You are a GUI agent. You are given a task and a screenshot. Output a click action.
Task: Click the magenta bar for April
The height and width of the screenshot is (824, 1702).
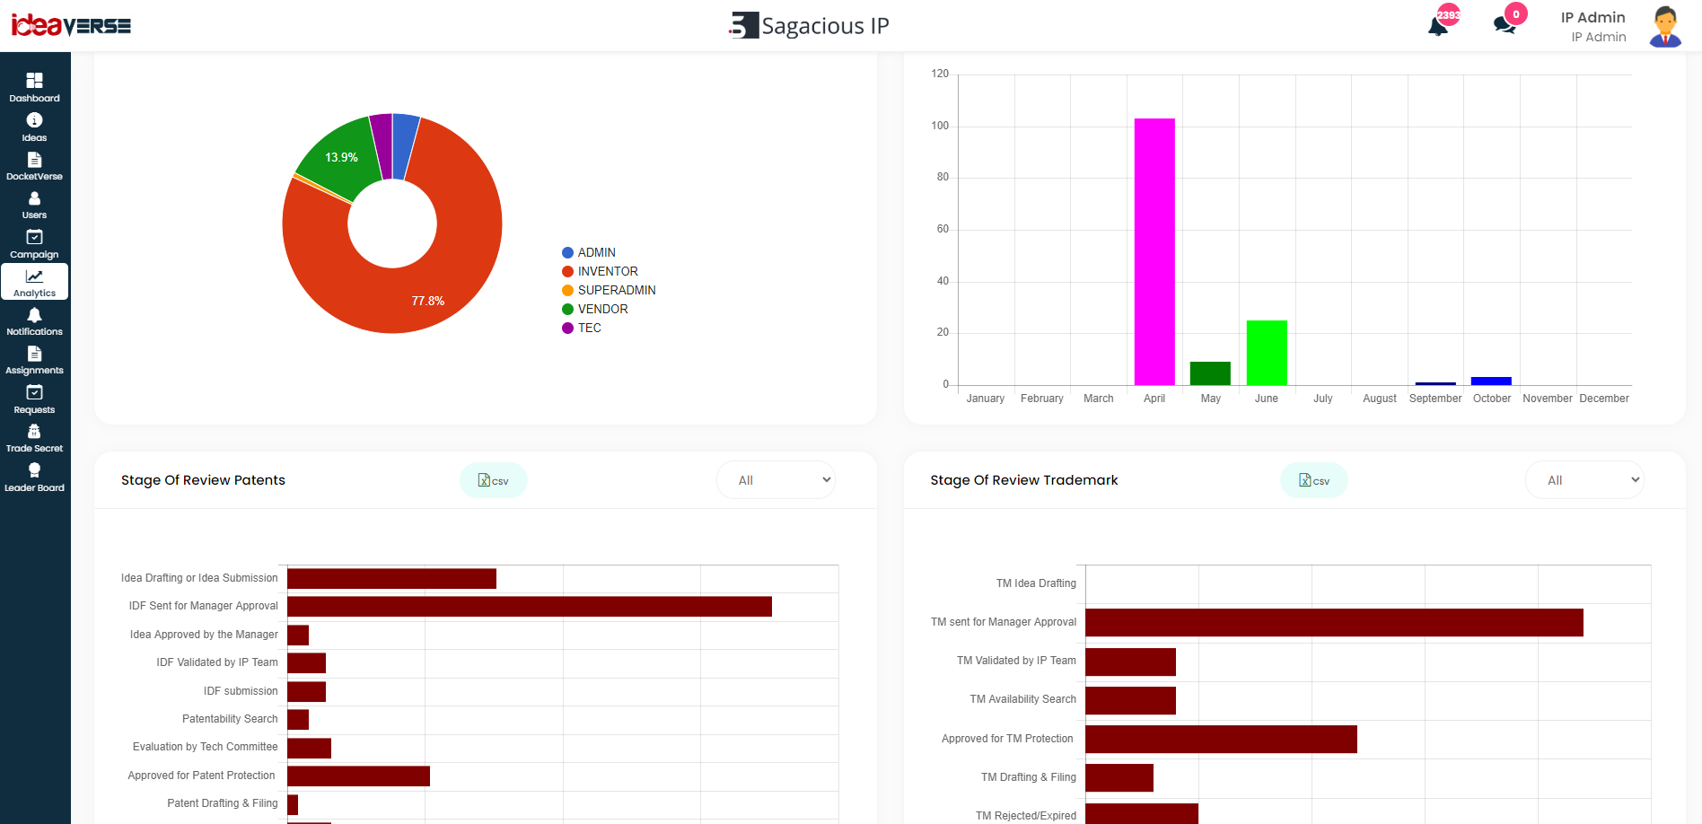pyautogui.click(x=1154, y=251)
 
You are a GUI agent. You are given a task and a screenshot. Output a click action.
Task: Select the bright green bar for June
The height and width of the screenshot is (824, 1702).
pyautogui.click(x=1267, y=353)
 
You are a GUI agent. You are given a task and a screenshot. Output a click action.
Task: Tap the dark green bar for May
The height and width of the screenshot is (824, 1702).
pyautogui.click(x=1210, y=373)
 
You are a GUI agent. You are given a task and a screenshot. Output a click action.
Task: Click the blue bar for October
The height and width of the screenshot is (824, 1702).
pyautogui.click(x=1491, y=381)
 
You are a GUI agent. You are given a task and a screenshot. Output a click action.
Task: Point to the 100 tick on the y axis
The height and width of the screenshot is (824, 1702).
pyautogui.click(x=940, y=126)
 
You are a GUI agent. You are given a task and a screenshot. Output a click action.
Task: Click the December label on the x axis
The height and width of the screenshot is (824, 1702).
pyautogui.click(x=1604, y=399)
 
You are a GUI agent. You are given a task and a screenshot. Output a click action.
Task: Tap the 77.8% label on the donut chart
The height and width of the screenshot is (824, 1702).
pyautogui.click(x=428, y=301)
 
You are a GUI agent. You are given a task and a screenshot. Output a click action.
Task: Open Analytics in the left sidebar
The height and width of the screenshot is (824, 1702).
pyautogui.click(x=35, y=282)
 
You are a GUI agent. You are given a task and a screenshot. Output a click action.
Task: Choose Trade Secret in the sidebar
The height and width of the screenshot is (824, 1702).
pyautogui.click(x=35, y=438)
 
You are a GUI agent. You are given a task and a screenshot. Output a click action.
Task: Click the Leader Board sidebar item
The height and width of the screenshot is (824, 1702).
pyautogui.click(x=35, y=477)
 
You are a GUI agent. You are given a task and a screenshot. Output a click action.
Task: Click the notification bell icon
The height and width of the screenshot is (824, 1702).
pyautogui.click(x=1438, y=25)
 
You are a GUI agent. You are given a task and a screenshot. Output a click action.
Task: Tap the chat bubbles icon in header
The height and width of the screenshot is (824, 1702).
pyautogui.click(x=1505, y=25)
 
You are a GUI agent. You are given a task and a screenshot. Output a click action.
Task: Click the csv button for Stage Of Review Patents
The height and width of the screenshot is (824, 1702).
pyautogui.click(x=494, y=480)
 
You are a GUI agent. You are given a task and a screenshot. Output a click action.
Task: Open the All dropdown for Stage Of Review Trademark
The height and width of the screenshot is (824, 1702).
pyautogui.click(x=1584, y=480)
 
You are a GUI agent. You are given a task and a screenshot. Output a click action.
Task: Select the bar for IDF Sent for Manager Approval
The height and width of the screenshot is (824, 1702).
pyautogui.click(x=530, y=607)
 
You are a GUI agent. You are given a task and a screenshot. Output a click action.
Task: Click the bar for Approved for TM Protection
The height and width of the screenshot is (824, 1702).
pyautogui.click(x=1221, y=740)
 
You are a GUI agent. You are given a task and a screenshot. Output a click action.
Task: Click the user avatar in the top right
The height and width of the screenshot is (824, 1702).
pyautogui.click(x=1665, y=26)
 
